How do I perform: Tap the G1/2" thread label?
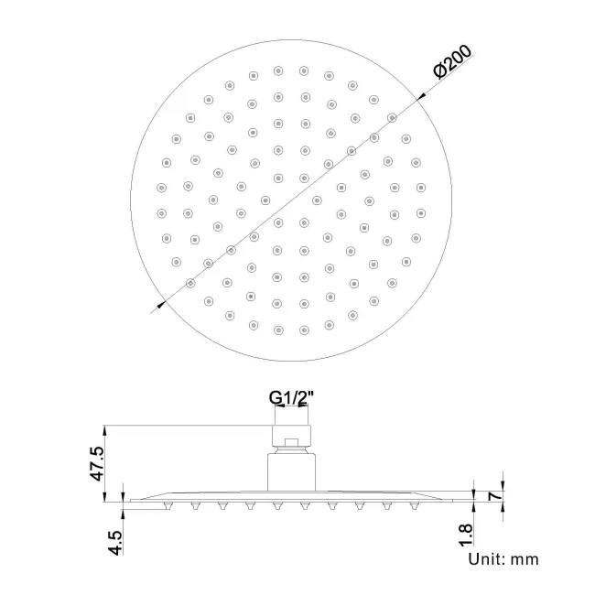pyautogui.click(x=290, y=398)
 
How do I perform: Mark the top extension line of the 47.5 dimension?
pyautogui.click(x=183, y=424)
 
